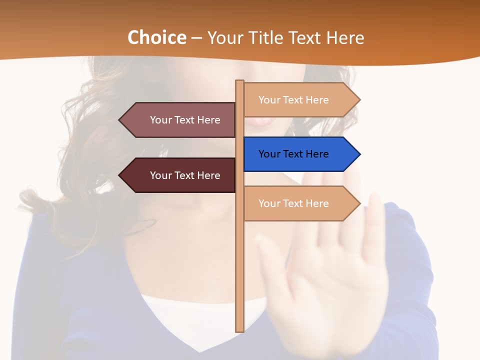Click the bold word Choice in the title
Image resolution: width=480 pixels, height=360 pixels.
click(156, 38)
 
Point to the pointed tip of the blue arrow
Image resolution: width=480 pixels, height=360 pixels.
click(359, 154)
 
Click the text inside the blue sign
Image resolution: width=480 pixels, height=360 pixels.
click(293, 154)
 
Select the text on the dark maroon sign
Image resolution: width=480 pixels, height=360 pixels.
click(185, 175)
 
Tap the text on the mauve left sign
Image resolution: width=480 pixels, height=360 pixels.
click(185, 120)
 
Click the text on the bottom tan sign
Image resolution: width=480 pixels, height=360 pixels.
click(293, 203)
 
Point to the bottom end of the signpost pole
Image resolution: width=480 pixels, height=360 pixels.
click(239, 330)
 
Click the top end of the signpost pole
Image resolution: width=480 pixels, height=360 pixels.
click(239, 82)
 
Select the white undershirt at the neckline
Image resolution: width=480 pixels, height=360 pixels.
click(200, 320)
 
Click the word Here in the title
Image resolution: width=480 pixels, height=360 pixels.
click(345, 38)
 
